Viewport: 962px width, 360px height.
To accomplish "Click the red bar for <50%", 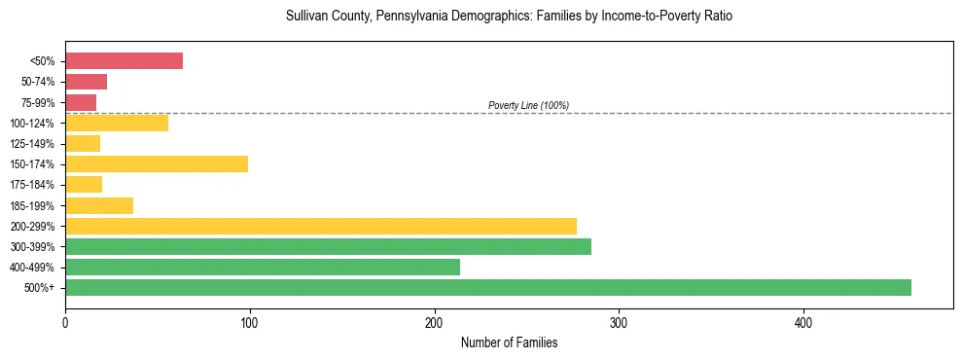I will coord(124,61).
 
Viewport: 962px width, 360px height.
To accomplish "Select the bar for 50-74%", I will coord(86,82).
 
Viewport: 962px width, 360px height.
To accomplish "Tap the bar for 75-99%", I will coord(81,102).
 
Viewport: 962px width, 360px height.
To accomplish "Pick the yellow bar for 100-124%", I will coord(117,123).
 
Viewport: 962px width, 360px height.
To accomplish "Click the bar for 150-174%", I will coord(157,163).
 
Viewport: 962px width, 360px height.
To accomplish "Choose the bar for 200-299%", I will coord(321,226).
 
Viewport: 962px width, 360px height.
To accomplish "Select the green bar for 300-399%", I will coord(328,246).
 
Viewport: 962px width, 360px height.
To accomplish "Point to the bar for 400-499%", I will coord(263,267).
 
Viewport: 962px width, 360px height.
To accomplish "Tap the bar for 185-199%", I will coord(99,205).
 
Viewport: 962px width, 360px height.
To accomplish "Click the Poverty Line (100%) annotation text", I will coord(528,105).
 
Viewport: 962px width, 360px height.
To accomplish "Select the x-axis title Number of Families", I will coord(509,342).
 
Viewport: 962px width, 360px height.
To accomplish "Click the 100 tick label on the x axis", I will coord(250,322).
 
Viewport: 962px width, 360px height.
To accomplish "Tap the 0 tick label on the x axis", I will coord(65,322).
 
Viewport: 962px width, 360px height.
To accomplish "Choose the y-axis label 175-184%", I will coord(32,185).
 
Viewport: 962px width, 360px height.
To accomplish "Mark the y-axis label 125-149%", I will coord(32,144).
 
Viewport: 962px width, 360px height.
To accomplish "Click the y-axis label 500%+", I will coord(39,288).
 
